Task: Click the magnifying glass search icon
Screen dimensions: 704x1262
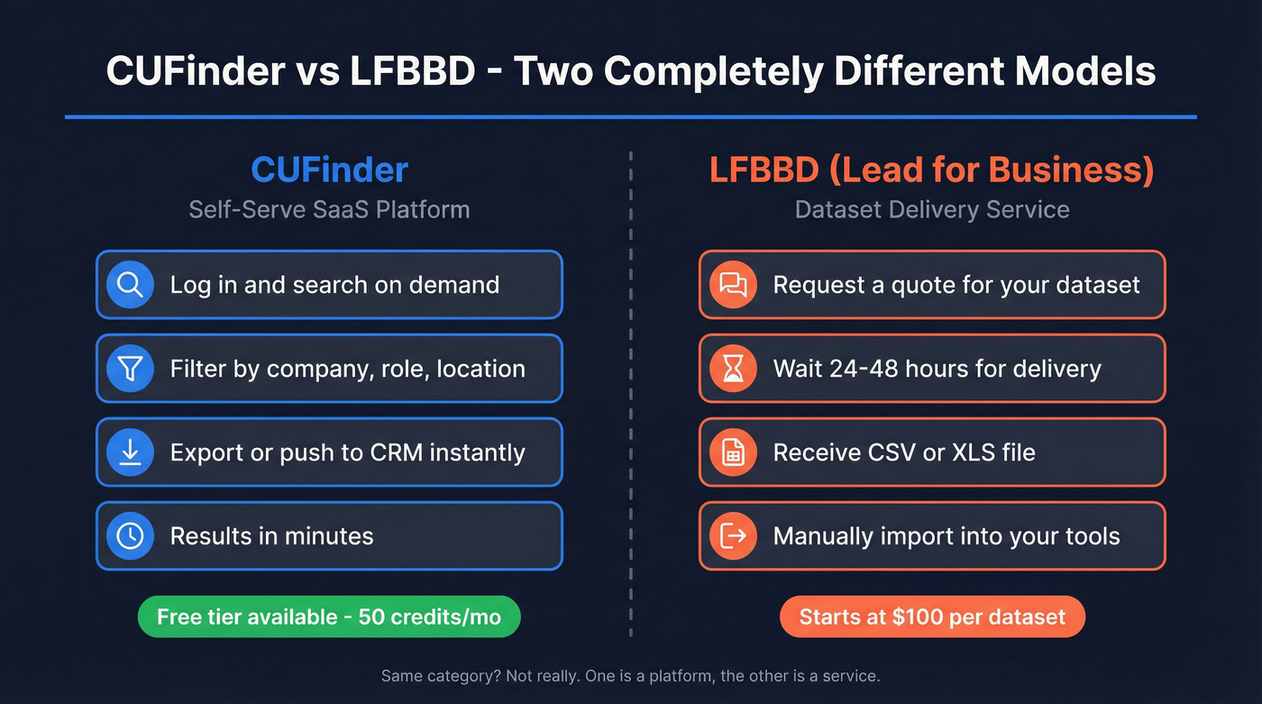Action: point(131,285)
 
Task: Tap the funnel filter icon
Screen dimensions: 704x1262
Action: point(131,369)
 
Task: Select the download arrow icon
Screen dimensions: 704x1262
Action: point(131,453)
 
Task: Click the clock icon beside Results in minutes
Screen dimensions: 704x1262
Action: point(131,535)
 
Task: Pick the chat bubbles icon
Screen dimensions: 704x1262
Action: point(733,285)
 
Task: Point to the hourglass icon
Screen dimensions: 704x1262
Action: point(733,369)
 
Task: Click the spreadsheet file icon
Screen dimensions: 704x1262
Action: point(733,453)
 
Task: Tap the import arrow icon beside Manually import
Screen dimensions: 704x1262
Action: point(733,535)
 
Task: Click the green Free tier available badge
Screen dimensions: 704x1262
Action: point(329,617)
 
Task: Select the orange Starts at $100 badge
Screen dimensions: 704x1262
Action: point(932,617)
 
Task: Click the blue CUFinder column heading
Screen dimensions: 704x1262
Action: point(329,169)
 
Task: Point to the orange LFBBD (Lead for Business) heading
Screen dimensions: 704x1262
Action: point(932,169)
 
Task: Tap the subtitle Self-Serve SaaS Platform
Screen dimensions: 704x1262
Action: point(329,210)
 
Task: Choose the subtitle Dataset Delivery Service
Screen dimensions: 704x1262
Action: point(932,210)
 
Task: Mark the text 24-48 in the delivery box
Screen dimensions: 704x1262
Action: point(867,369)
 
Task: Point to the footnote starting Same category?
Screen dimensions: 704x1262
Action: point(630,675)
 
